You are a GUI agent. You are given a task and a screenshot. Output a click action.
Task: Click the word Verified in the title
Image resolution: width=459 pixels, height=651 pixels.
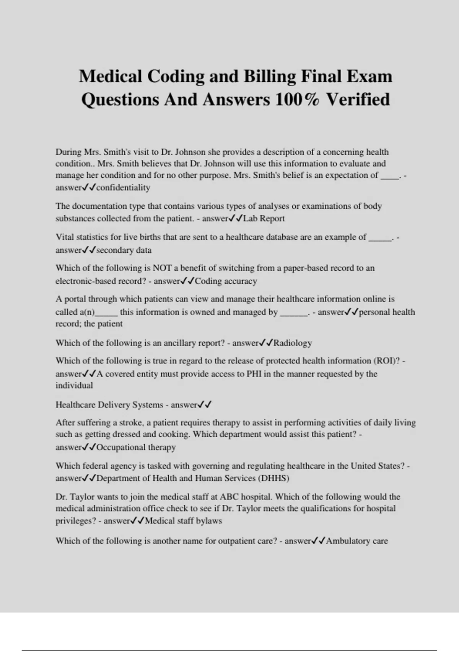[x=358, y=100]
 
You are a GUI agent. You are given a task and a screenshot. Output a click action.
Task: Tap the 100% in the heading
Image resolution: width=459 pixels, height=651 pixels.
[x=297, y=100]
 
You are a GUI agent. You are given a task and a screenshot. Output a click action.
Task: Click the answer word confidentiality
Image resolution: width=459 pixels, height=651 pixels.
[x=123, y=188]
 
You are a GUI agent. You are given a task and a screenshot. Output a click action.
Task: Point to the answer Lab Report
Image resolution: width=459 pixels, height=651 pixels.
[x=264, y=219]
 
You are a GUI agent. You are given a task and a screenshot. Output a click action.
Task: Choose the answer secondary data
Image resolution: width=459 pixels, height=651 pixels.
[x=124, y=250]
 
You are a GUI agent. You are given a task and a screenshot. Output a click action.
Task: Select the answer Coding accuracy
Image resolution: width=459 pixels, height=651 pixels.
[x=226, y=281]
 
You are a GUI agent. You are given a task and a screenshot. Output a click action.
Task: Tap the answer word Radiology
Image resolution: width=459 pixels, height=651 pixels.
[x=293, y=343]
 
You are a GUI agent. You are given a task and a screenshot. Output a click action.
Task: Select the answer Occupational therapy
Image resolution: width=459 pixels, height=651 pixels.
[x=136, y=447]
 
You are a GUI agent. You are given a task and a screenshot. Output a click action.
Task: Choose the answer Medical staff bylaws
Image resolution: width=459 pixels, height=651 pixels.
[x=183, y=521]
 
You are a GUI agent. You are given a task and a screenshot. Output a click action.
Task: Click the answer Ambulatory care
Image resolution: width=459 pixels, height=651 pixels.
[x=357, y=541]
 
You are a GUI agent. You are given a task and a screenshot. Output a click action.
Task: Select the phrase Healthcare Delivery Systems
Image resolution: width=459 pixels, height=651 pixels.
[x=109, y=405]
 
